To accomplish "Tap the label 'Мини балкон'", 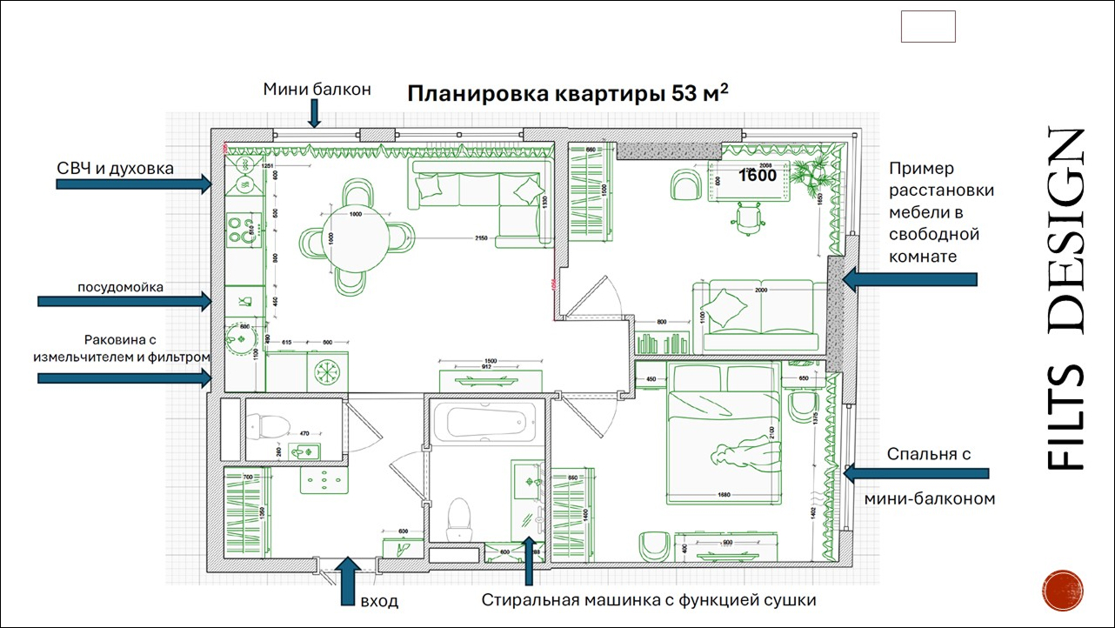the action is tap(317, 88).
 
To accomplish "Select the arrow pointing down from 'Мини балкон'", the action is tap(315, 113).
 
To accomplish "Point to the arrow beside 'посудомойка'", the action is tap(125, 301).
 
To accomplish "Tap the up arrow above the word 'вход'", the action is tap(348, 575).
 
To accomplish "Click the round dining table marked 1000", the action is tap(355, 237).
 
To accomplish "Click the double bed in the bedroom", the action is tap(722, 435).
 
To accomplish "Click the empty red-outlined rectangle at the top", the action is tap(928, 26).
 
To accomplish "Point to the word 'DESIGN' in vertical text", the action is tap(1065, 231).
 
